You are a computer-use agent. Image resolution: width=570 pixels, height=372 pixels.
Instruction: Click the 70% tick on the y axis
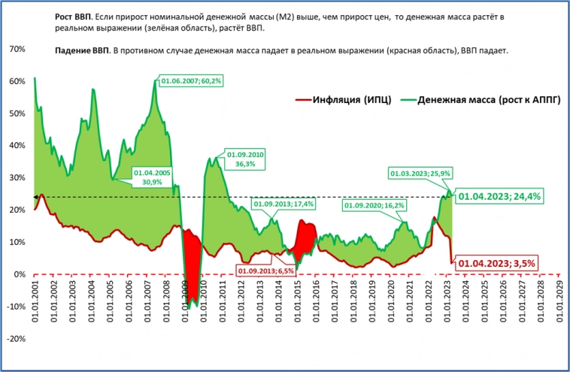point(16,50)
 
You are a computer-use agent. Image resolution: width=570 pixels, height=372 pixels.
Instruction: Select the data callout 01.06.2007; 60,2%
point(189,80)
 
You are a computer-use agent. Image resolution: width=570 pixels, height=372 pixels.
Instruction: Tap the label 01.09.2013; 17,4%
point(283,204)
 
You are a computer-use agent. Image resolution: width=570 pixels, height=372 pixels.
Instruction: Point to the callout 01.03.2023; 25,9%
point(420,174)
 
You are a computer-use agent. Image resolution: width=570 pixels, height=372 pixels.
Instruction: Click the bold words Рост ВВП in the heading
point(75,16)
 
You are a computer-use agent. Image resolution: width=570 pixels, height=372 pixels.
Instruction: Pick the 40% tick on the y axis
point(16,146)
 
